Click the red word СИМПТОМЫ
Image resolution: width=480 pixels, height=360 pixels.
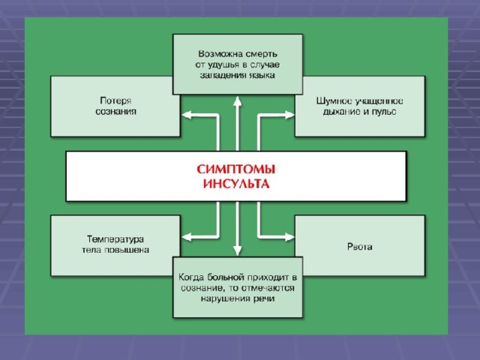click(236, 169)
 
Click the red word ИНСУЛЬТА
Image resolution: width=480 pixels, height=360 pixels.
click(236, 184)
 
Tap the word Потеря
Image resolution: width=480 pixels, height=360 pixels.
click(115, 100)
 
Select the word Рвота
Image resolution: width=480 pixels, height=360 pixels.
click(360, 247)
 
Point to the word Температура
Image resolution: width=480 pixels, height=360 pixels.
click(115, 238)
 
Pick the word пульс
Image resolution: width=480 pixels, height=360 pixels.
click(384, 112)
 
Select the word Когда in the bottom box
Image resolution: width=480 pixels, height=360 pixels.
click(191, 277)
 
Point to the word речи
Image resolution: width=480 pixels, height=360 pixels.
click(263, 298)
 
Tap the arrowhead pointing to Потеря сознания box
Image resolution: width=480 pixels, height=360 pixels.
click(187, 115)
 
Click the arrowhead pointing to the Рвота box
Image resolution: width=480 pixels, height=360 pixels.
click(289, 237)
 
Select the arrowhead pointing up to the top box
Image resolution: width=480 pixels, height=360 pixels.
click(238, 101)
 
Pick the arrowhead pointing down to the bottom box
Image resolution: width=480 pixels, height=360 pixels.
click(238, 250)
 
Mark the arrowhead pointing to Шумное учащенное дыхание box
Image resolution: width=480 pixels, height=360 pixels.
click(289, 115)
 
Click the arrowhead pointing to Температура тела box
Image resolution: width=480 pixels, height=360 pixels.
click(187, 237)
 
